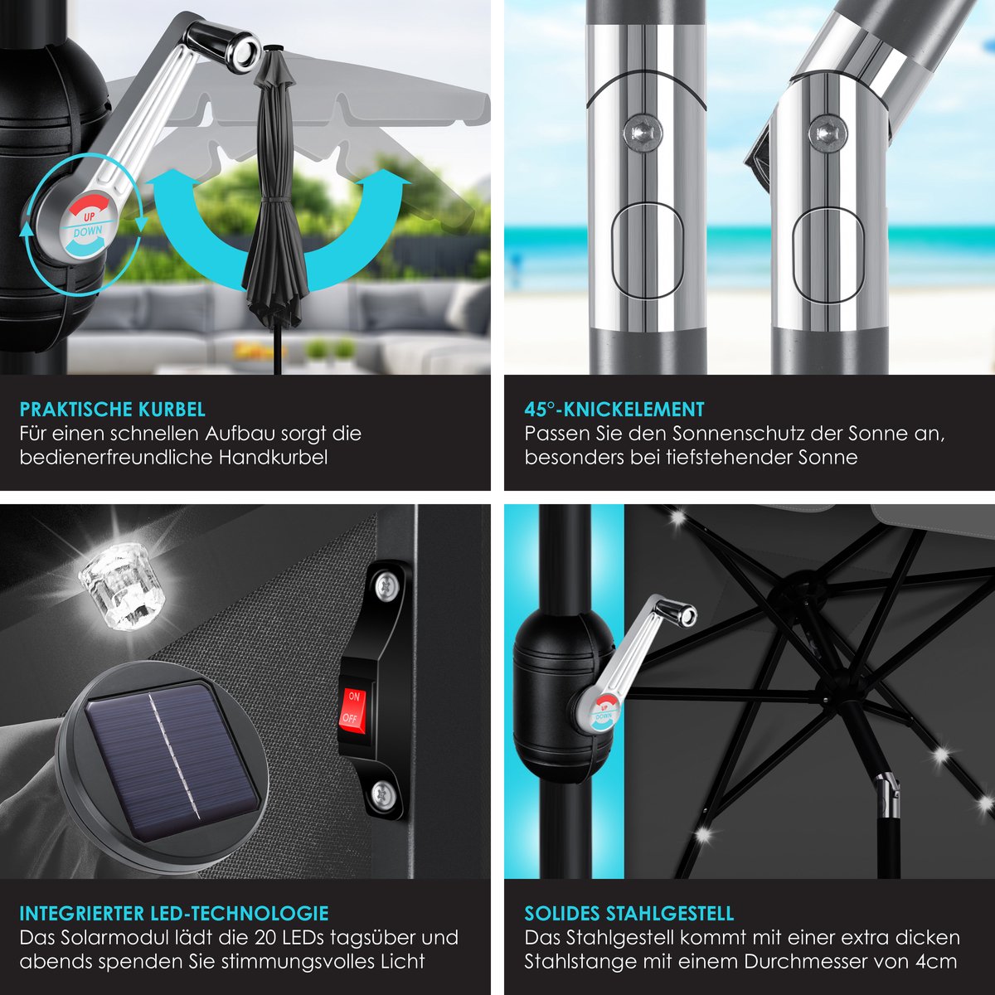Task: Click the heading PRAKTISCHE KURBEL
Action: [113, 410]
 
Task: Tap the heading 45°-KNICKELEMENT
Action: [614, 410]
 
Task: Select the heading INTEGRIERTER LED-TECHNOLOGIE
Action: [174, 914]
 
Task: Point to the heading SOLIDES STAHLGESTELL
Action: [629, 914]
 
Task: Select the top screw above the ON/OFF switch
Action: [386, 585]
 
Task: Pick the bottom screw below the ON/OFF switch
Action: [383, 791]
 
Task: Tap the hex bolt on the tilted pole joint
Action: [828, 133]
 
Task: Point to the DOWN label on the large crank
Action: [88, 232]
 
